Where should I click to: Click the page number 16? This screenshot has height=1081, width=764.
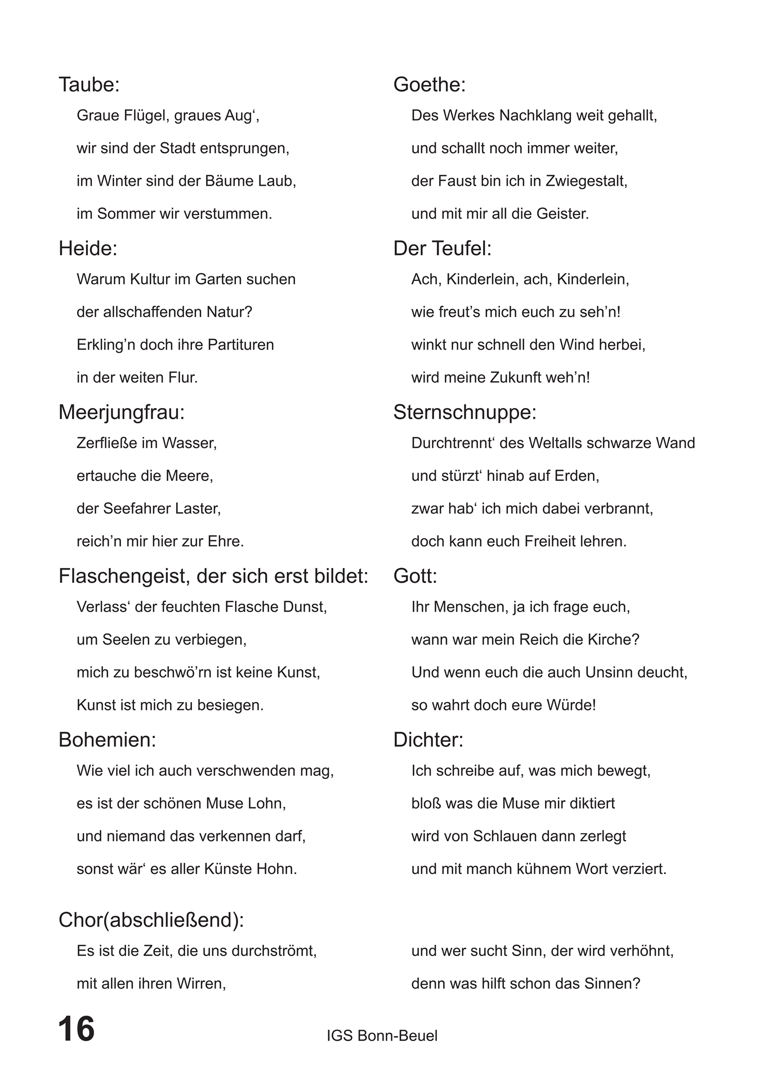tap(77, 1029)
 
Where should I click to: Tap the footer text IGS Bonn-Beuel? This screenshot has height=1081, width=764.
tap(382, 1035)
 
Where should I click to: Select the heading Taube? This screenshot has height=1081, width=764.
tap(90, 84)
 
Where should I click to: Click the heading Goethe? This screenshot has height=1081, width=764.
tap(430, 84)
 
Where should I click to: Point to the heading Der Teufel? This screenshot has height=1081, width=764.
tap(443, 248)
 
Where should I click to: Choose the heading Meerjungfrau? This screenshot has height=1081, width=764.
tap(122, 412)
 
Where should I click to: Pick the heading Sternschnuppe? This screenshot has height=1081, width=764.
tap(465, 412)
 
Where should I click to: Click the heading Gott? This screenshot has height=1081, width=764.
tap(415, 576)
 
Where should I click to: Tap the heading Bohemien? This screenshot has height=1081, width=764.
tap(108, 740)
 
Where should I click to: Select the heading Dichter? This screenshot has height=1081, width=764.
tap(428, 740)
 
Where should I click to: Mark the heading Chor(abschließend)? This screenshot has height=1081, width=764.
tap(151, 920)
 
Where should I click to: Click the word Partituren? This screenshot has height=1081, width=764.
tap(240, 345)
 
